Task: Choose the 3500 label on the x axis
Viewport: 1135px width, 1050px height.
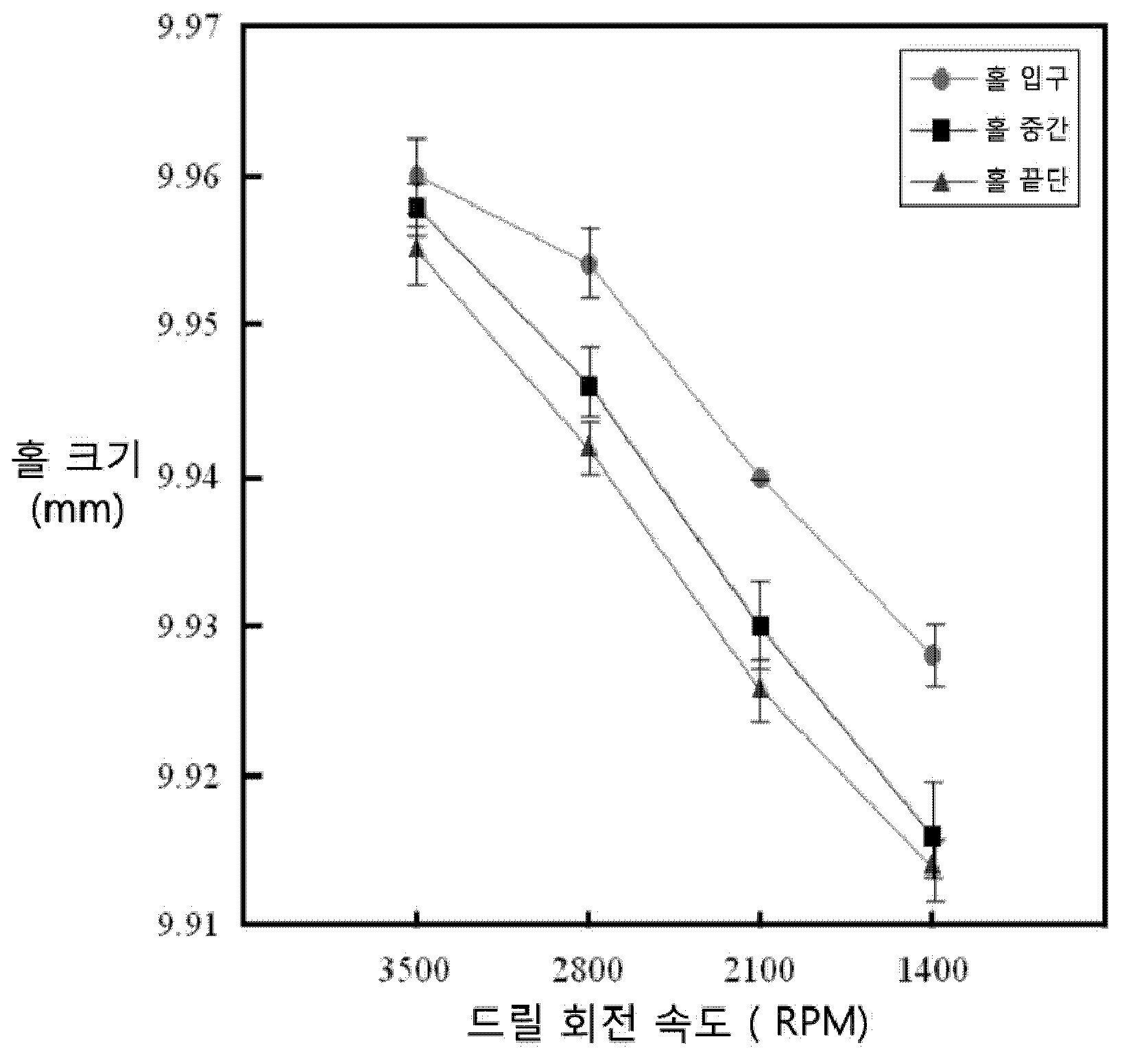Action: coord(415,970)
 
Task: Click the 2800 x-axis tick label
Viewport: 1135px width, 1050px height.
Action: coord(588,970)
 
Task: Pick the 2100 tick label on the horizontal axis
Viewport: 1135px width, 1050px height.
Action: coord(759,970)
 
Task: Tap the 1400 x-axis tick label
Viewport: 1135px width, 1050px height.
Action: coord(931,970)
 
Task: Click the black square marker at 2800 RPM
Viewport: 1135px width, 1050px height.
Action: coord(588,386)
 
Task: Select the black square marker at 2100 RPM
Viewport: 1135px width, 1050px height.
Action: coord(760,625)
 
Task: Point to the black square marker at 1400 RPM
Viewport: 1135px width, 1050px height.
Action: coord(932,836)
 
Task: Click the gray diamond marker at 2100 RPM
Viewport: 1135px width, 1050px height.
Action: coord(760,478)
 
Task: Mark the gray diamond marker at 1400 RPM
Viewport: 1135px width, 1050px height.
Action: coord(932,655)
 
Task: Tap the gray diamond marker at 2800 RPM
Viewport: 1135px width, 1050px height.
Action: coord(588,264)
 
